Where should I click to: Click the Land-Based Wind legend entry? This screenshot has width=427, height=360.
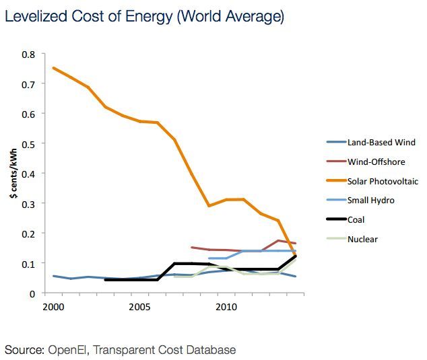(x=381, y=143)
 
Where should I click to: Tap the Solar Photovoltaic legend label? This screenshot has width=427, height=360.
(x=383, y=181)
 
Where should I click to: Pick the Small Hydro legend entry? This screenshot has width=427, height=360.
(x=371, y=200)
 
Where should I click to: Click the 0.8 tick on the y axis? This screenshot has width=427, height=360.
(x=29, y=54)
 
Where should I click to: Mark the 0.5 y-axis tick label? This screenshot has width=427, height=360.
(x=29, y=143)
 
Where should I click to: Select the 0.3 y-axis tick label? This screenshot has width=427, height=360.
(x=29, y=203)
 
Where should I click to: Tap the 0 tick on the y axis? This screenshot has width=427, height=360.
(x=32, y=293)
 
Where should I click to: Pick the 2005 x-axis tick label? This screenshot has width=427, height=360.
(x=139, y=307)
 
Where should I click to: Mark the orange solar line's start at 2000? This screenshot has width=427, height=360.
(x=53, y=68)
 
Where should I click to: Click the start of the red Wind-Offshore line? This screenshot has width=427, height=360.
(x=192, y=248)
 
